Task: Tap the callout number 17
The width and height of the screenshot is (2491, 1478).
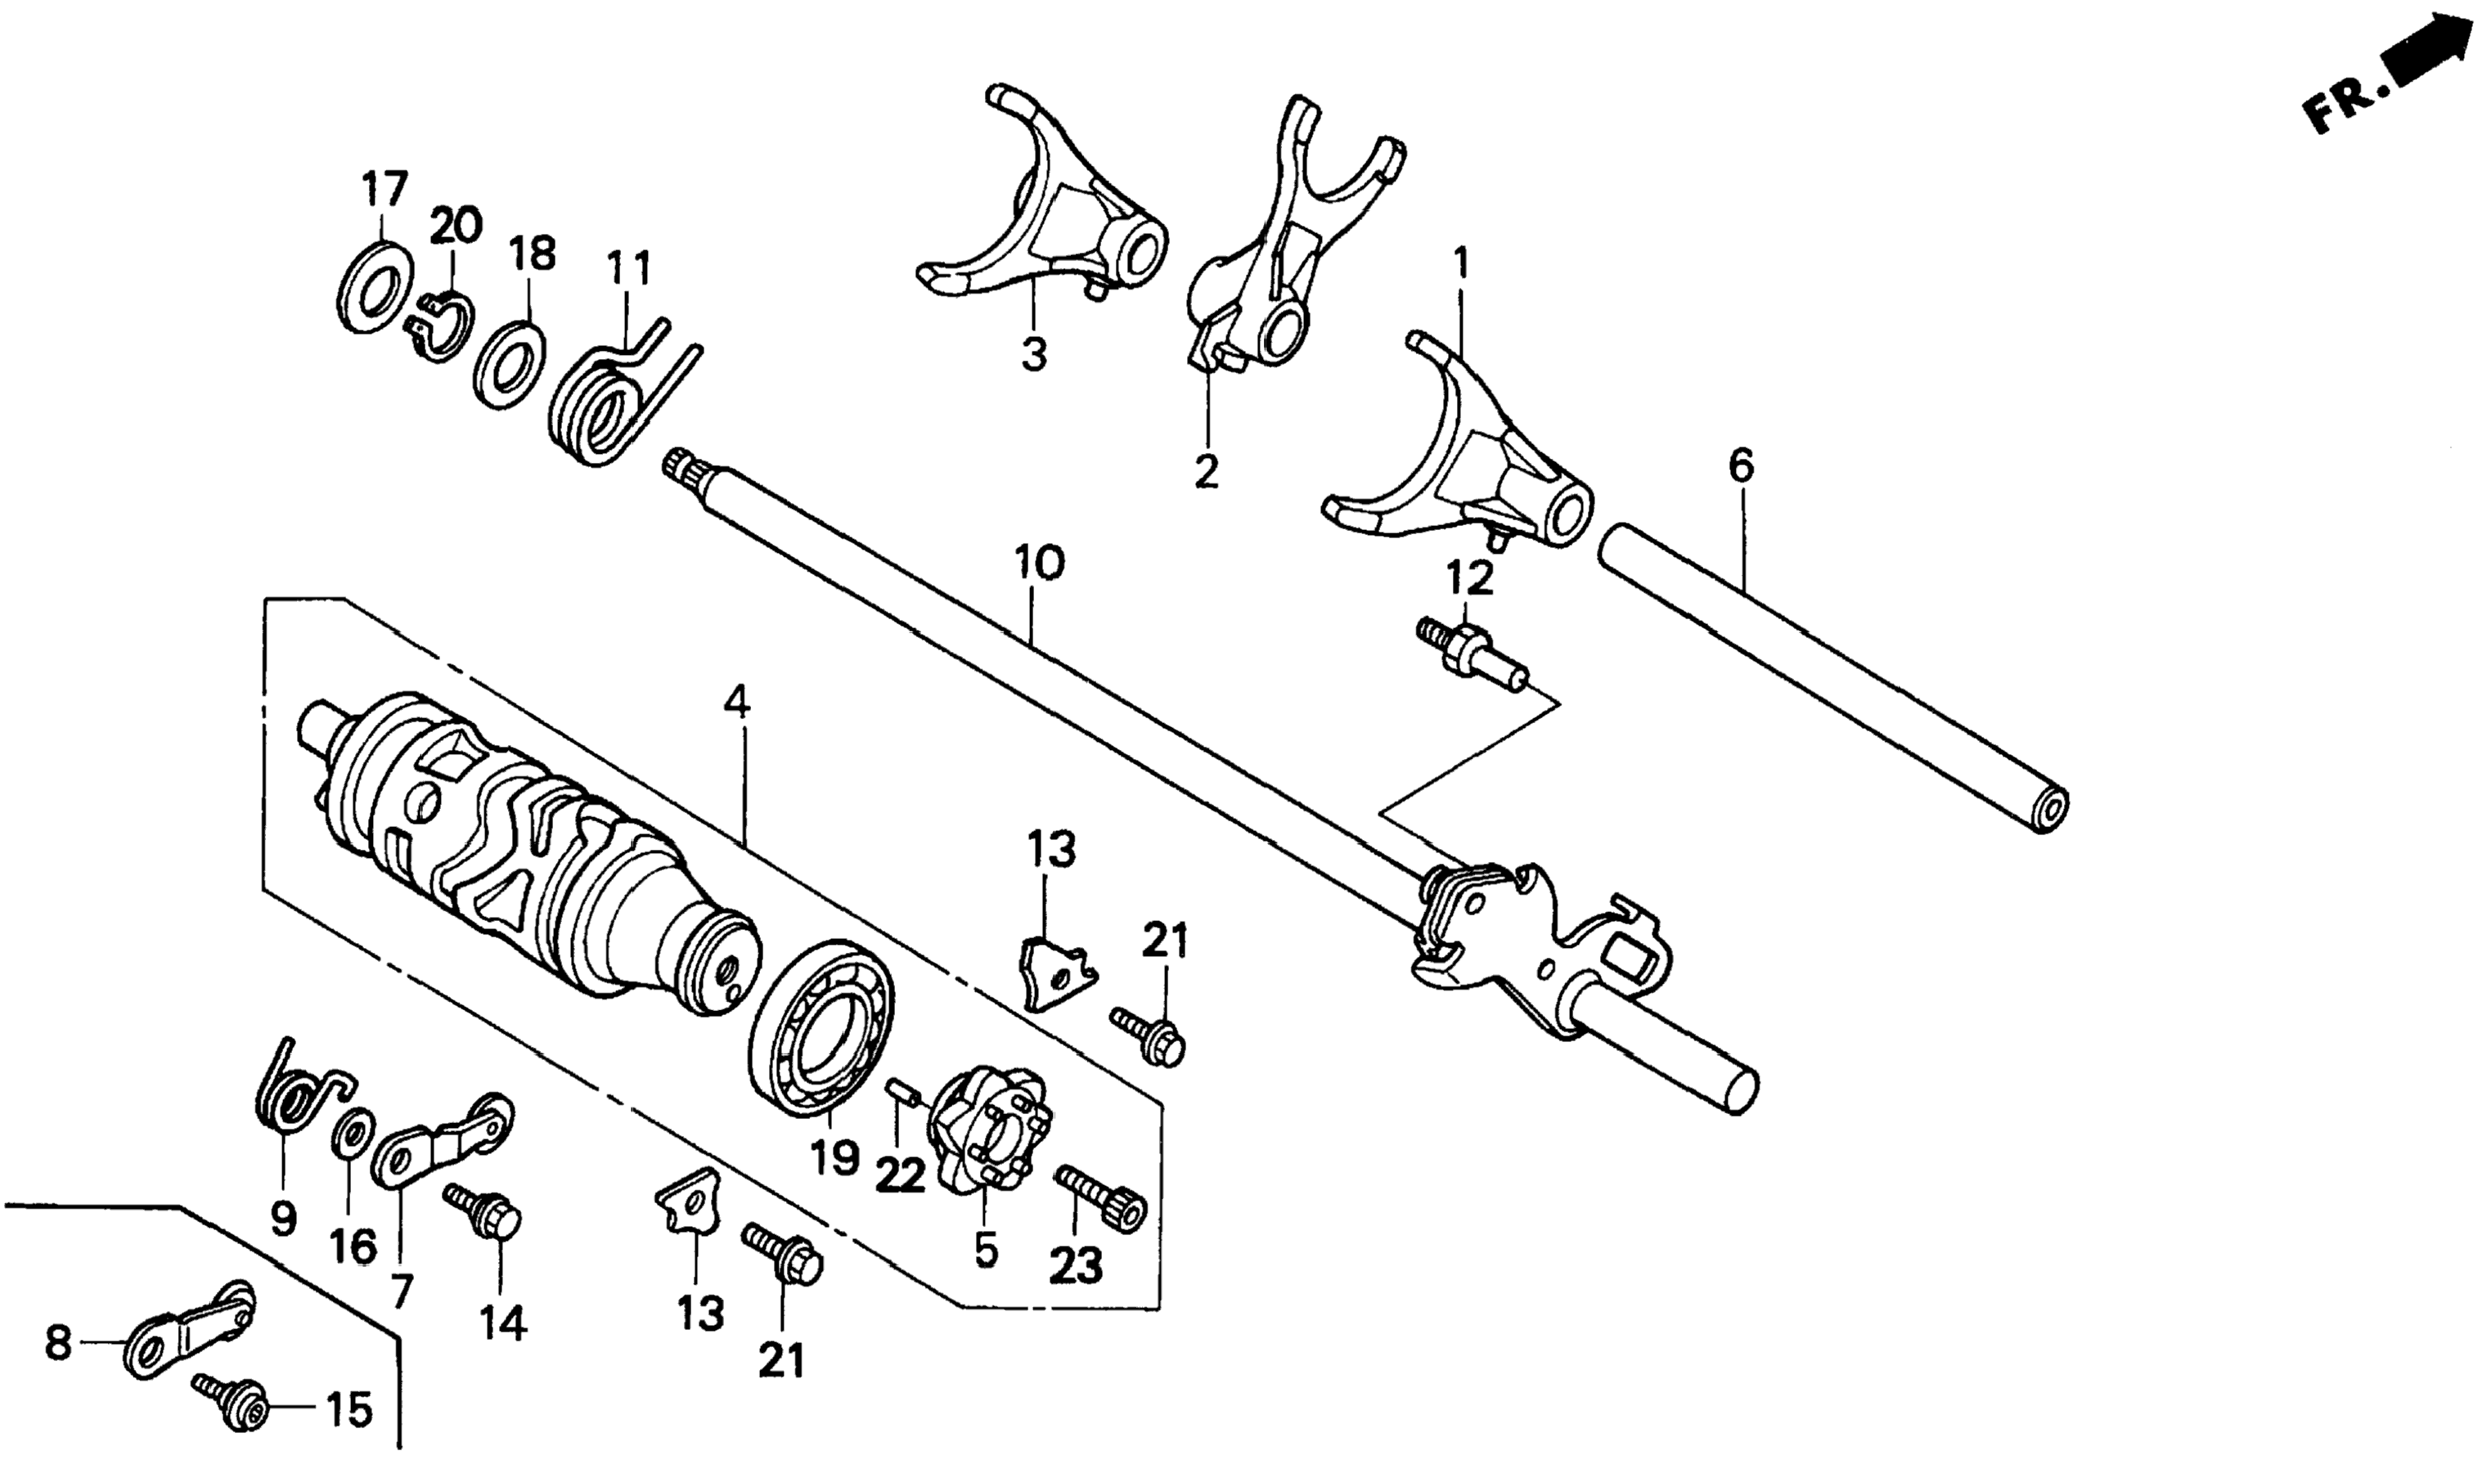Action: [x=384, y=188]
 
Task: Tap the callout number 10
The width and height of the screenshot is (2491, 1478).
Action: [x=1039, y=564]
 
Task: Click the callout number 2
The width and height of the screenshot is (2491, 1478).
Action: [x=1206, y=471]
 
